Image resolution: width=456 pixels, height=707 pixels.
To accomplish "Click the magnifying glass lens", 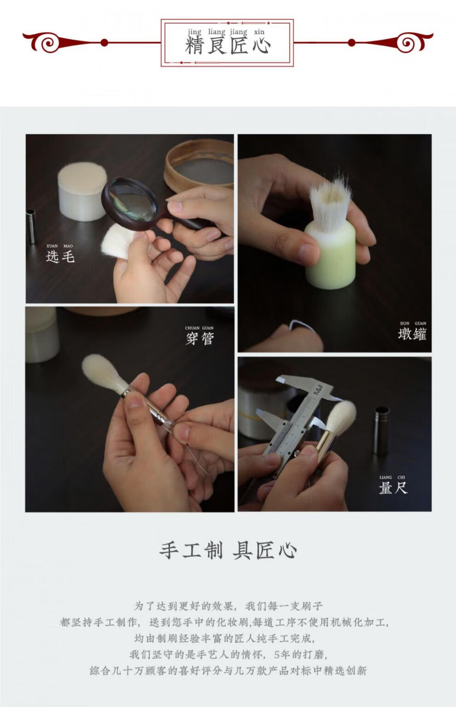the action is pos(130,201).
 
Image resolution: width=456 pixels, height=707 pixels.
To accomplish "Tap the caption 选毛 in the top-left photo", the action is pos(60,256).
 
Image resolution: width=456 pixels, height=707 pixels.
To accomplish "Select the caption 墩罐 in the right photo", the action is pos(412,334).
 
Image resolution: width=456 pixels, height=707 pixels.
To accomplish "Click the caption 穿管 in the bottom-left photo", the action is pos(200,339).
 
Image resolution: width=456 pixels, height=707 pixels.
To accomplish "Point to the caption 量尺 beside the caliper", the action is pos(393,487).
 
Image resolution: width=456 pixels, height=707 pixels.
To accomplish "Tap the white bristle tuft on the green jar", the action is pos(330,202).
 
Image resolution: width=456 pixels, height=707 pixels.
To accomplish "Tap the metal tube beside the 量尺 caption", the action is pos(381,430).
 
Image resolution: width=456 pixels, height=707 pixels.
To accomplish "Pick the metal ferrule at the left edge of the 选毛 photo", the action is pos(31,226).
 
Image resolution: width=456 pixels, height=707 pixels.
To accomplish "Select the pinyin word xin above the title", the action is pos(259,31).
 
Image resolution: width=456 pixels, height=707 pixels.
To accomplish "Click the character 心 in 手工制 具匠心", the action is pos(287,550).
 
